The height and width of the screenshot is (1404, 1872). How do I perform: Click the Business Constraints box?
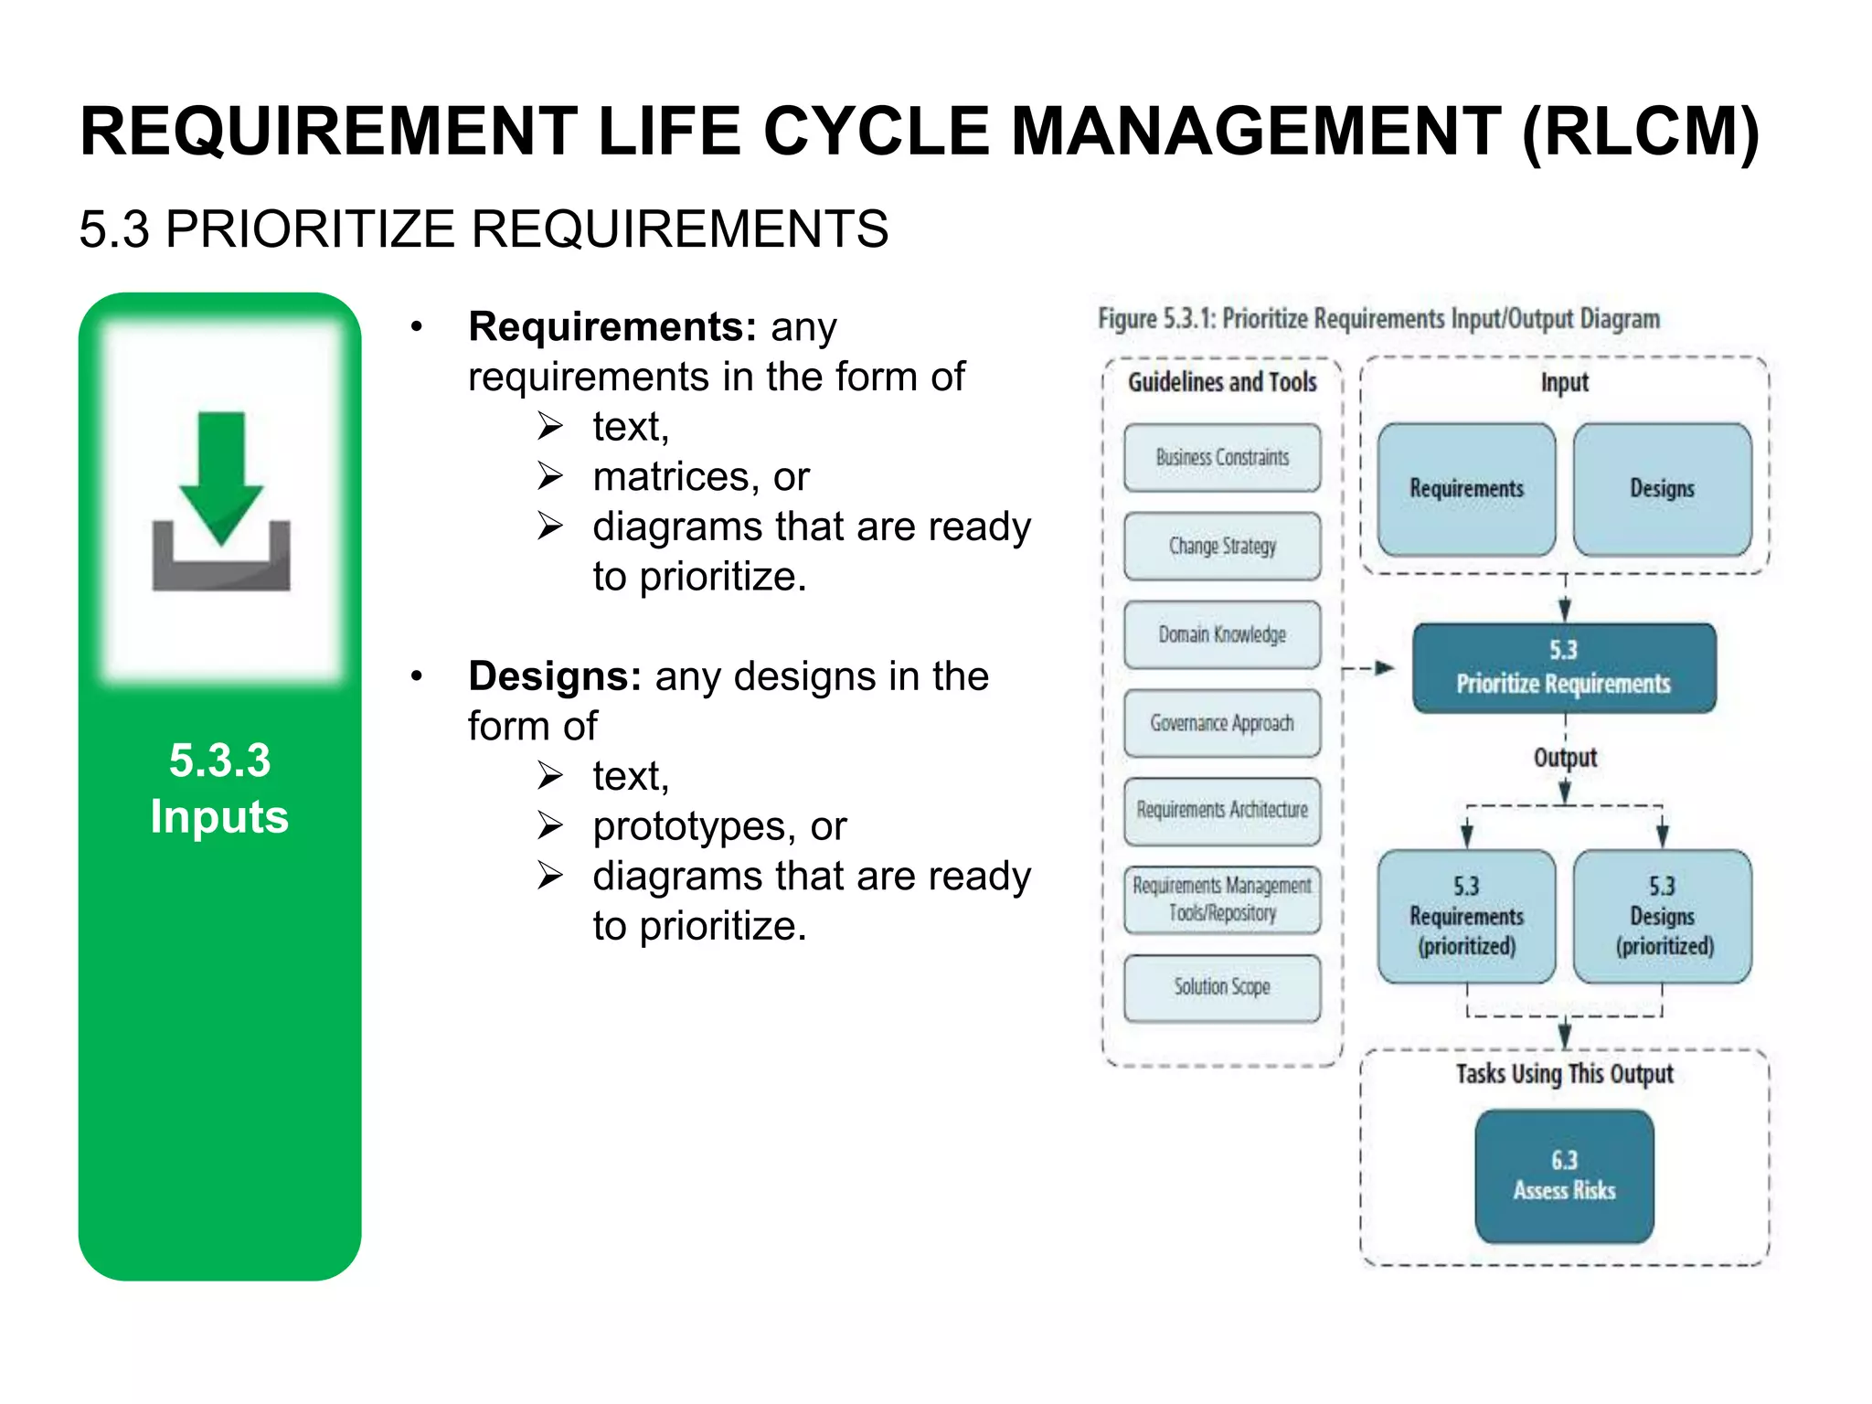(1221, 458)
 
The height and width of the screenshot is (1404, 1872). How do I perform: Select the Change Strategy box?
(1221, 547)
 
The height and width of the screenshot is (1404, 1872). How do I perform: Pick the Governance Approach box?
(1221, 723)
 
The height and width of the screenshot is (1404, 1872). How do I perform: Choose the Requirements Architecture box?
(1221, 811)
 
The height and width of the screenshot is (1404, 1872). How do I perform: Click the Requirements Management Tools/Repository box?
(1221, 899)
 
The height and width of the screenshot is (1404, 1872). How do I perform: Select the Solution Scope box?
(1221, 987)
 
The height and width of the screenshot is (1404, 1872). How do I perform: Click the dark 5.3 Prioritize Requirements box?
(1563, 668)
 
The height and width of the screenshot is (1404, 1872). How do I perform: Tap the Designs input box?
(1662, 489)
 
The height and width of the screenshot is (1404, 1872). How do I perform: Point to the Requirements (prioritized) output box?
(1466, 917)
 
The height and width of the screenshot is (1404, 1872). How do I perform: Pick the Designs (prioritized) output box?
(1662, 917)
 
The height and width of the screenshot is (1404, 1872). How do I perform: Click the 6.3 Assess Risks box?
(1564, 1176)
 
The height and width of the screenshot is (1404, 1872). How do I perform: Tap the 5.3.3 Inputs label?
(219, 788)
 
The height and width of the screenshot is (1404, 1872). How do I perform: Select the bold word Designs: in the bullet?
(554, 677)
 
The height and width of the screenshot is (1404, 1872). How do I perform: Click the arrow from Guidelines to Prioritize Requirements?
(1368, 668)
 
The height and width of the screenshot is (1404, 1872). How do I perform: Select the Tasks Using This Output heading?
(1564, 1074)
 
